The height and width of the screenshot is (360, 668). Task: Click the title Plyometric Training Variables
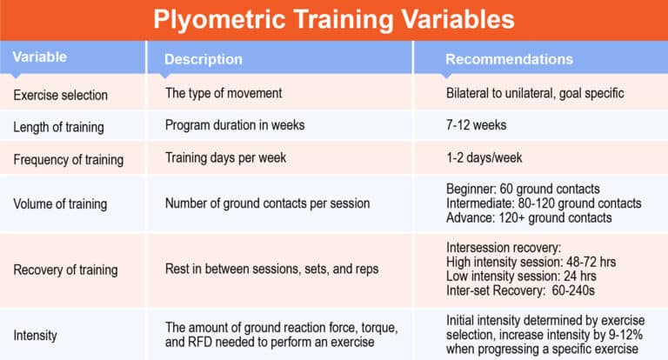point(334,19)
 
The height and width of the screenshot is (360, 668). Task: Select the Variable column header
point(39,57)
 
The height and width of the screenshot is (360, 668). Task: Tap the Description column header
point(204,59)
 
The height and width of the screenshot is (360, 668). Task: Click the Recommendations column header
point(509,59)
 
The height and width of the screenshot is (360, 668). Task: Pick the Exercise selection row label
point(61,93)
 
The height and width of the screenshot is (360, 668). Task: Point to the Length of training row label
point(58,127)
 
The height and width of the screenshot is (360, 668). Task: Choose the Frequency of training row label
point(68,160)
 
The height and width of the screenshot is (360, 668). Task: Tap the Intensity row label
point(33,334)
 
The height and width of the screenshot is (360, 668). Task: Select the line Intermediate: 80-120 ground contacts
point(544,203)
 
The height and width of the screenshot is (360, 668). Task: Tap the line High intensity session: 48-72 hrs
point(530,262)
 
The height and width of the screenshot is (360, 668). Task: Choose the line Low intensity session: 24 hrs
point(520,276)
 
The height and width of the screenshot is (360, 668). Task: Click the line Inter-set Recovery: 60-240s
point(521,290)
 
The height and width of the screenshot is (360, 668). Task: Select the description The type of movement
point(224,91)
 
